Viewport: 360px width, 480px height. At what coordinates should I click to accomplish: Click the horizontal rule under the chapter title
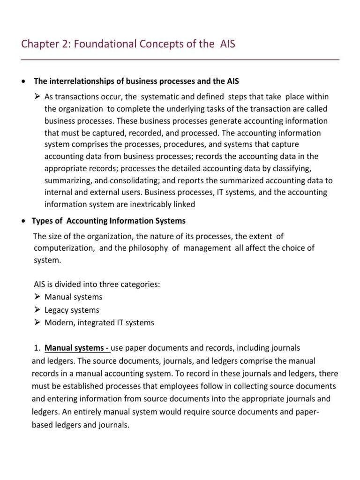pyautogui.click(x=180, y=60)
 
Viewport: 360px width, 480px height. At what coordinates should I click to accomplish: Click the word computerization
pyautogui.click(x=63, y=248)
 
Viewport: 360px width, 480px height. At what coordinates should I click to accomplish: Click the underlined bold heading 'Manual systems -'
pyautogui.click(x=77, y=348)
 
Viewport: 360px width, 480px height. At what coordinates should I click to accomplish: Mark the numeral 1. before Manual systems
pyautogui.click(x=37, y=348)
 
